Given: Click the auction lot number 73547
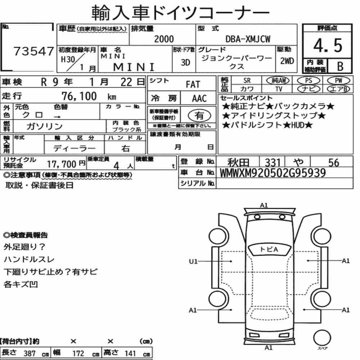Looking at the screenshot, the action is point(34,51).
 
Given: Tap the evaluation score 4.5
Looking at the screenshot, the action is point(328,45).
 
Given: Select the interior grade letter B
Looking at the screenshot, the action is point(340,66).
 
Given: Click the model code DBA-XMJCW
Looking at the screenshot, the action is point(248,39).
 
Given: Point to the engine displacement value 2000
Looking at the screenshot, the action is point(164,39).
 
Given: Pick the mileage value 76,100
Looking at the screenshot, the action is point(79,96).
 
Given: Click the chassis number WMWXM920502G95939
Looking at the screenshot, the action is point(273,173).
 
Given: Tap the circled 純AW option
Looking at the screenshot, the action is point(278,80).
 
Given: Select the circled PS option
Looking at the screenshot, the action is point(309,80).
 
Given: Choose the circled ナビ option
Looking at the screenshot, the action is point(309,89).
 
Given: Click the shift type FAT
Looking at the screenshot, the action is point(193,85).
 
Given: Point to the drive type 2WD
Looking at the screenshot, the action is point(287,61).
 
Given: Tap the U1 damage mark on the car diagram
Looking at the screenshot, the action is point(193,261).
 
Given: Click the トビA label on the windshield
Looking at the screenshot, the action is point(269,249).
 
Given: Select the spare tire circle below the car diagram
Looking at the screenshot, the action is point(322,338).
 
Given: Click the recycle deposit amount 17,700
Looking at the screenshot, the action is point(62,164).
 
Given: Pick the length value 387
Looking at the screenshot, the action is point(30,353).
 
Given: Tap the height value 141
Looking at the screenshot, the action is point(130,353).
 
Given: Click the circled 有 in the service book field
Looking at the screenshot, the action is point(199,115).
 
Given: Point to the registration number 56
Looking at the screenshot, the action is point(334,163).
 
